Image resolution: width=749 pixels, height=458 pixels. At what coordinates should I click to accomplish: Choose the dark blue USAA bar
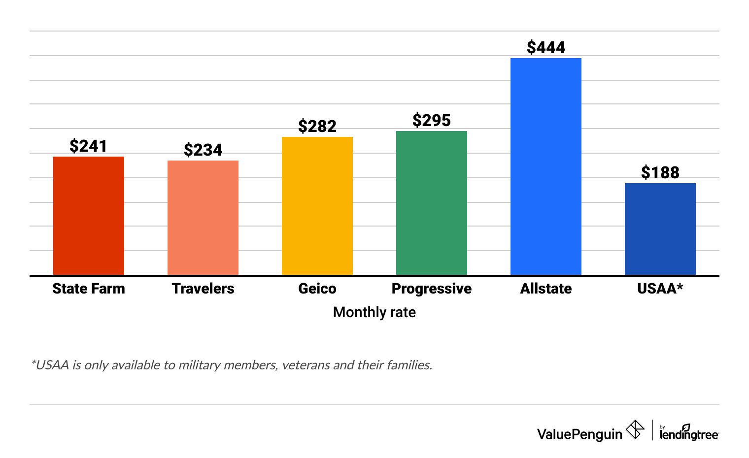[660, 229]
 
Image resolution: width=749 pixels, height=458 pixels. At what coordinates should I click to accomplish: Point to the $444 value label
[546, 47]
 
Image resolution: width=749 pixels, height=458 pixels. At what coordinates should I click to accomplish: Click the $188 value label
[660, 172]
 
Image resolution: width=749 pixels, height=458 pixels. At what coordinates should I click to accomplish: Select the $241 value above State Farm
[89, 146]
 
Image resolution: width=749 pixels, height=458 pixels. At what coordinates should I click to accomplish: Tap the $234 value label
[203, 150]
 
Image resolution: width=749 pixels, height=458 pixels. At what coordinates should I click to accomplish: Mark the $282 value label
[317, 126]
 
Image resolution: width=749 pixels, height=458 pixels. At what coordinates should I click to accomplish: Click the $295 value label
[432, 120]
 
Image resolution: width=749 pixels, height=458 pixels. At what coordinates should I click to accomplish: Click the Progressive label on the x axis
[432, 289]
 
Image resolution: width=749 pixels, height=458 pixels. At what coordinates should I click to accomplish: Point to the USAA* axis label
[660, 289]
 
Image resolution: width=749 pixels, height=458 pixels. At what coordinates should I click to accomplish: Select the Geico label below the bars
[317, 289]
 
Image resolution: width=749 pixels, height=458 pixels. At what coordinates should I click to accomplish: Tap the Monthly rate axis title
[374, 312]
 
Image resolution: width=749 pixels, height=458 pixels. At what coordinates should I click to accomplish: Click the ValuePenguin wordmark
[579, 434]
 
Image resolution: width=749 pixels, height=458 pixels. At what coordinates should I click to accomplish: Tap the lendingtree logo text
[689, 434]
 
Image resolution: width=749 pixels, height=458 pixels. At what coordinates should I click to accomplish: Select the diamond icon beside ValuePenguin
[635, 429]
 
